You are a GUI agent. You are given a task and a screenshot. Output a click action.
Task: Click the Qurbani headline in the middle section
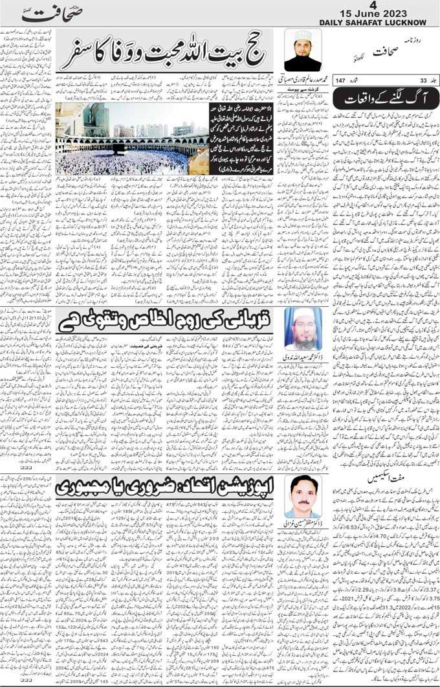[x=168, y=322]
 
